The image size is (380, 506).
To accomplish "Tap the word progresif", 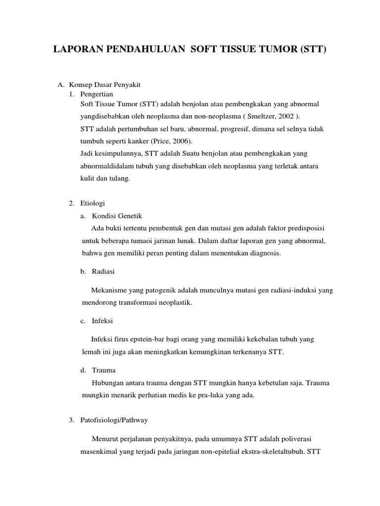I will click(230, 129).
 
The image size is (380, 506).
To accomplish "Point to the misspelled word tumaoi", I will click(148, 241).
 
